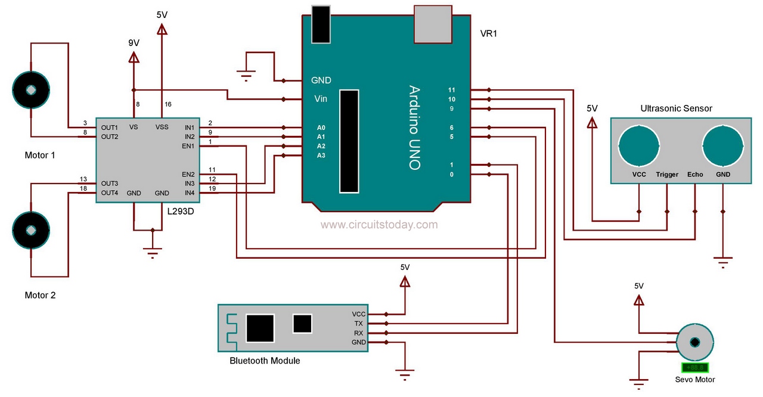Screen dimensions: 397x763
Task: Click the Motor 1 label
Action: [40, 155]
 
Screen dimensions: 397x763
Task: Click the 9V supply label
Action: [134, 43]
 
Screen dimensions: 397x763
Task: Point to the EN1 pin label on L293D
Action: [188, 145]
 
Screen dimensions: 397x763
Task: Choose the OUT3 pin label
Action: [109, 183]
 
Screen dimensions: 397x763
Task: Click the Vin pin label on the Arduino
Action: [320, 99]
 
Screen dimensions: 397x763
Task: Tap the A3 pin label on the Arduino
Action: [321, 156]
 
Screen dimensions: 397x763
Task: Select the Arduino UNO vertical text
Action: [414, 128]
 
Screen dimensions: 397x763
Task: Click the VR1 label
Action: [488, 34]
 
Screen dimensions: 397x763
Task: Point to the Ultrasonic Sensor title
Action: [676, 108]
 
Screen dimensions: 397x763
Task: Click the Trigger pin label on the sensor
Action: [667, 175]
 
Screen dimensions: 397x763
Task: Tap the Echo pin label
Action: [695, 175]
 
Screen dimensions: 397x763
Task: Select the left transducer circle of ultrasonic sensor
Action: [639, 146]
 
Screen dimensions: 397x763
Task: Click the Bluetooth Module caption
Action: [265, 361]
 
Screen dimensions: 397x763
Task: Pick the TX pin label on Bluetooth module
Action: [358, 323]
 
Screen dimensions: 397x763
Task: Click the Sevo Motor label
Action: [694, 380]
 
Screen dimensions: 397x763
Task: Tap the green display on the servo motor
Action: [695, 368]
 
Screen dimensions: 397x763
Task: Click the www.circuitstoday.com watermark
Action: [379, 225]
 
